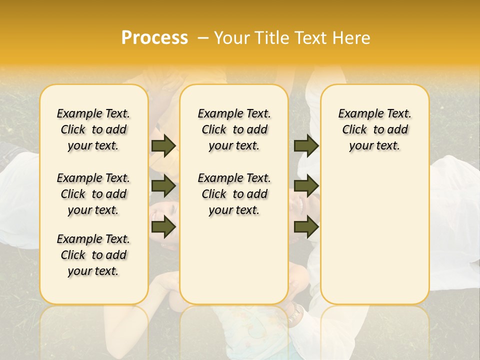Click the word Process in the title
(x=154, y=37)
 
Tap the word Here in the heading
(x=351, y=38)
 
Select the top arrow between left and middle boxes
(x=163, y=145)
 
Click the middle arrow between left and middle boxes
(x=163, y=186)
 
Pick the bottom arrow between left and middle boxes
(x=163, y=227)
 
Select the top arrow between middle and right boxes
(x=306, y=145)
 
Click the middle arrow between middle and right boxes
(x=306, y=186)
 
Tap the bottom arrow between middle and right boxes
(x=306, y=227)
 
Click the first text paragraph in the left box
(x=93, y=129)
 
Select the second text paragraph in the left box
(x=93, y=194)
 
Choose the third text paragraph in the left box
(x=93, y=255)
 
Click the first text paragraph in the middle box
(x=234, y=129)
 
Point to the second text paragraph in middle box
(x=234, y=194)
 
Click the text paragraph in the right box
(x=375, y=129)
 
